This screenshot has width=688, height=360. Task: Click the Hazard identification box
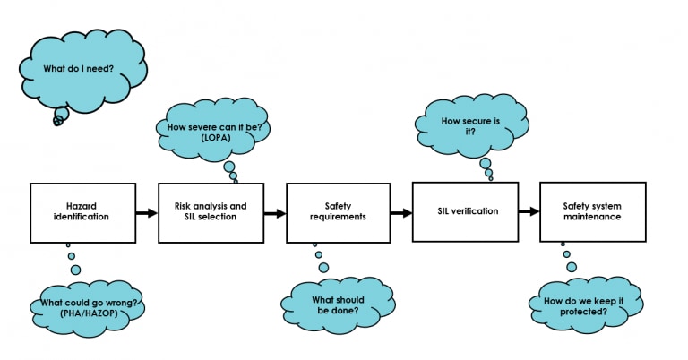point(82,212)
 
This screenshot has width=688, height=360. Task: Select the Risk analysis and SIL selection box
point(210,212)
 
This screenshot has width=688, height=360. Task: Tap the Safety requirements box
point(338,212)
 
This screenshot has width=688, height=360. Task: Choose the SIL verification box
point(464,211)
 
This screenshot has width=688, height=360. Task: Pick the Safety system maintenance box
point(592,211)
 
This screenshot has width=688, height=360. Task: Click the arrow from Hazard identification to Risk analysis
point(145,213)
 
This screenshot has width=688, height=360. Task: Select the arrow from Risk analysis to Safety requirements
point(273,213)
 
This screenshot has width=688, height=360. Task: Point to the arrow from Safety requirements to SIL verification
point(401,213)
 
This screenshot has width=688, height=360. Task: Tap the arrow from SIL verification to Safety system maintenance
point(529,212)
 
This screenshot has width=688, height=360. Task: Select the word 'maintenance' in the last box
point(592,218)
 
